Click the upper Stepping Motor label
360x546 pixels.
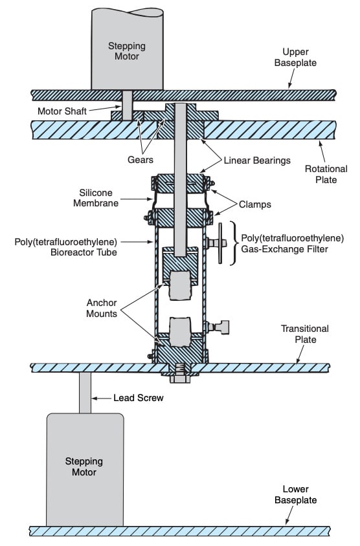(x=127, y=51)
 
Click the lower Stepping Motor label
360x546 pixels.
(x=84, y=466)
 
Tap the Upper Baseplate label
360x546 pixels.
(x=295, y=58)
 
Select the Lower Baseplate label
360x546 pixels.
(x=295, y=494)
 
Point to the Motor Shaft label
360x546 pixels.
(x=62, y=111)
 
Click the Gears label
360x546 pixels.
(x=141, y=160)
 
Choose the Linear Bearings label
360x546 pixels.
(x=257, y=160)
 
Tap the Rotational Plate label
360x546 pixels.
(x=326, y=175)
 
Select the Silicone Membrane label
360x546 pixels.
(x=96, y=198)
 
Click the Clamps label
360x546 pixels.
(x=255, y=204)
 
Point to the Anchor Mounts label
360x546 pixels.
(x=102, y=308)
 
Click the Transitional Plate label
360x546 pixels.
(x=305, y=334)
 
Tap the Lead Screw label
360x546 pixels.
(x=139, y=398)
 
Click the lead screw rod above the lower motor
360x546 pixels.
(x=85, y=393)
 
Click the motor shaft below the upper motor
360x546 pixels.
(x=128, y=105)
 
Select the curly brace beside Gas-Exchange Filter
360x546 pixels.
(x=234, y=243)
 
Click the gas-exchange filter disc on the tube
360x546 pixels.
(x=220, y=243)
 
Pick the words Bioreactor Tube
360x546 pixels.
(x=84, y=252)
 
